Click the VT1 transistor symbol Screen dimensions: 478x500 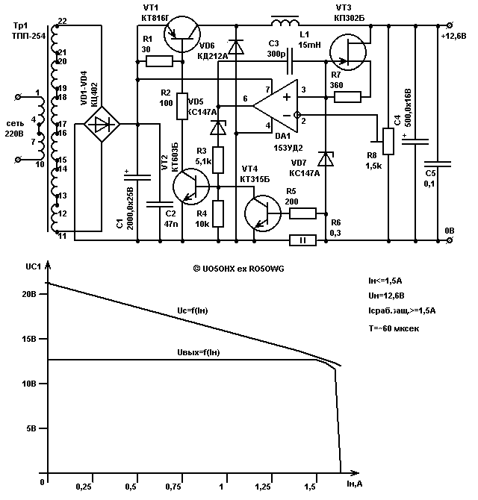(182, 34)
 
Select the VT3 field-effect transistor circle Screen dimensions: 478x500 (347, 52)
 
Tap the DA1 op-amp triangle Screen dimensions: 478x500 (276, 106)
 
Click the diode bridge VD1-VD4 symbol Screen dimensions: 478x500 (102, 125)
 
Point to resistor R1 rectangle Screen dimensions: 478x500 (159, 61)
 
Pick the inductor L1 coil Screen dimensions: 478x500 (285, 22)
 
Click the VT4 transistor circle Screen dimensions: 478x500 (263, 213)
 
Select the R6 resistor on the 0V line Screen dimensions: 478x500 (302, 240)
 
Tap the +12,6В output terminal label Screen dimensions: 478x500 (453, 36)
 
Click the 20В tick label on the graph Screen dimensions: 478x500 (29, 294)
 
